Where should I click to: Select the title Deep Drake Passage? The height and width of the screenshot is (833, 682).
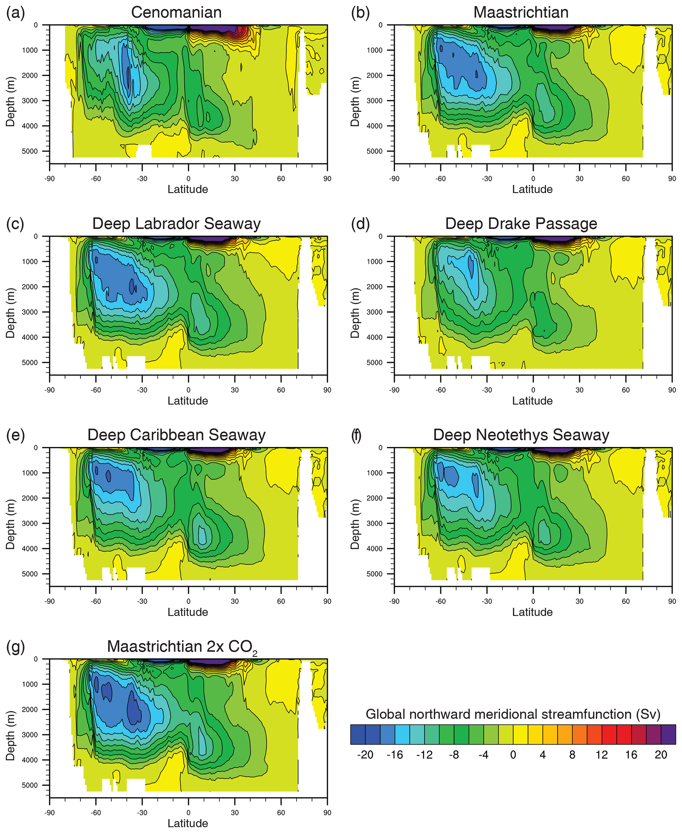point(521,224)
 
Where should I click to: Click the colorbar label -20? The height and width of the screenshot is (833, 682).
point(365,754)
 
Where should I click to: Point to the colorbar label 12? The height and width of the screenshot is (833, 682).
point(601,754)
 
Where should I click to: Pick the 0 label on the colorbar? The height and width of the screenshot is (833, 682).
point(513,754)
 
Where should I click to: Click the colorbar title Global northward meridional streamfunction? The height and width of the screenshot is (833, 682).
point(513,714)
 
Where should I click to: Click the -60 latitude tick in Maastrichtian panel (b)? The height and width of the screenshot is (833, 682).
point(440,179)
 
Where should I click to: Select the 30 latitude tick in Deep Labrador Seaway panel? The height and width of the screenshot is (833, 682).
point(235,390)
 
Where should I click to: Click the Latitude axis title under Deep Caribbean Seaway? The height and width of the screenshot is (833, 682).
point(188,612)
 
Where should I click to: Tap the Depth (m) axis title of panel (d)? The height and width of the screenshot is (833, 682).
point(355,313)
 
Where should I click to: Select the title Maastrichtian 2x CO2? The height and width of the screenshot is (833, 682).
point(182,647)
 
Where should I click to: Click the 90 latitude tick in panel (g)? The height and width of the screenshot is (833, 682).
point(327,813)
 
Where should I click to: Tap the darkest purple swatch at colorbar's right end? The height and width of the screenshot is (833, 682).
point(668,734)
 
